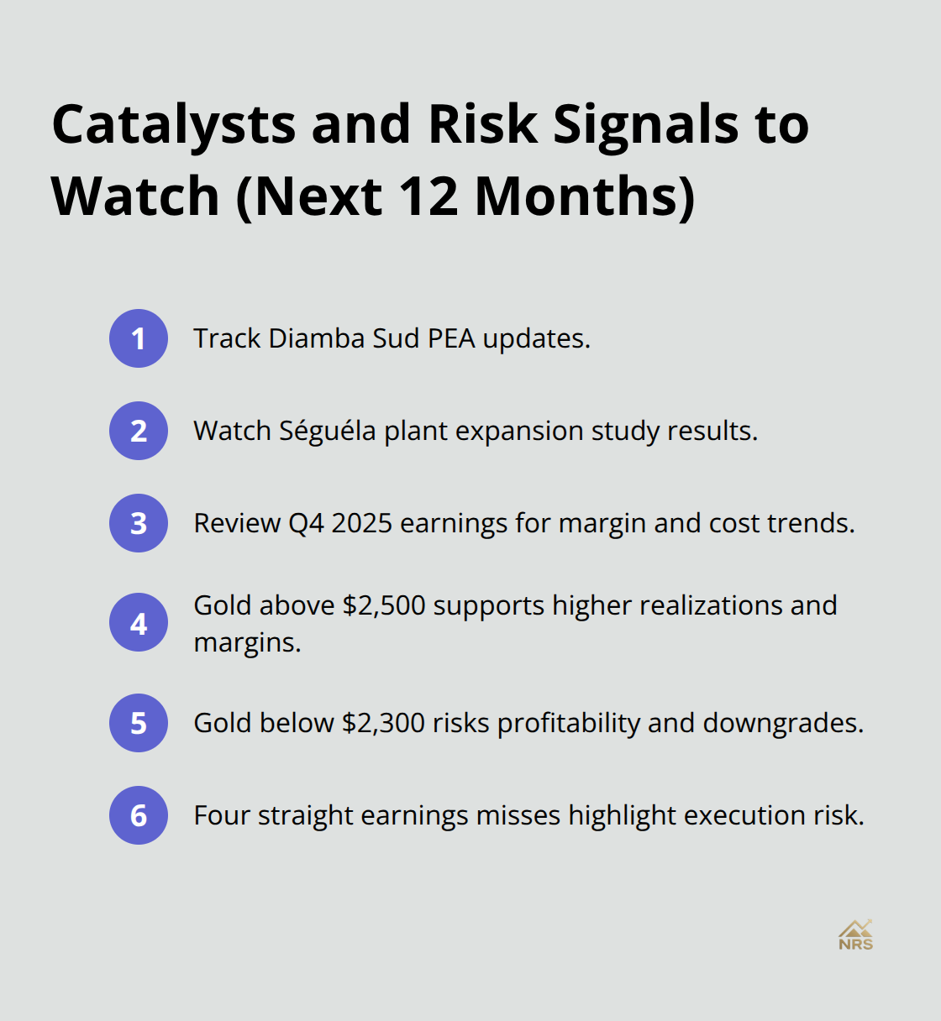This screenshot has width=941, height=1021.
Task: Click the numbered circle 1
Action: (x=139, y=338)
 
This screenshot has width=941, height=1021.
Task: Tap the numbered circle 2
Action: (x=139, y=431)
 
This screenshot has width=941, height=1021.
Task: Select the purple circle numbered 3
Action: (x=139, y=523)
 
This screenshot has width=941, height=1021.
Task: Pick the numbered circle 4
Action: (x=139, y=623)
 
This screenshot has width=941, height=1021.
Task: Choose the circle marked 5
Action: (x=139, y=723)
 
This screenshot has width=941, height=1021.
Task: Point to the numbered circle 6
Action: (x=139, y=815)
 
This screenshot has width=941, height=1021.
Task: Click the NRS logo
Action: (x=855, y=935)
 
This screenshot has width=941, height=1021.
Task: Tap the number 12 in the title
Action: (x=428, y=196)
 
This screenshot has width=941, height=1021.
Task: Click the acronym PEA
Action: (x=451, y=338)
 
